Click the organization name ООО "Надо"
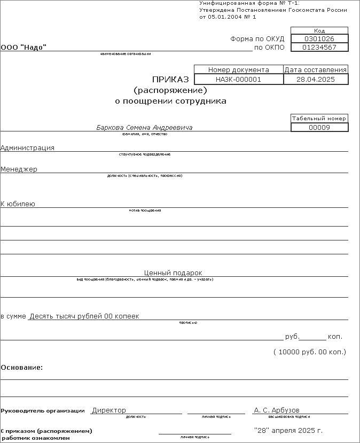pyautogui.click(x=24, y=48)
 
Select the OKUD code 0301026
pyautogui.click(x=319, y=39)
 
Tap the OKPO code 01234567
pyautogui.click(x=319, y=48)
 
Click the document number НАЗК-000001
pyautogui.click(x=238, y=79)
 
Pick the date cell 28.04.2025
pyautogui.click(x=316, y=79)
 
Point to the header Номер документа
pyautogui.click(x=238, y=70)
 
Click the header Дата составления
pyautogui.click(x=316, y=70)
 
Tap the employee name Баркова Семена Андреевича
pyautogui.click(x=144, y=128)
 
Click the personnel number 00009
pyautogui.click(x=319, y=128)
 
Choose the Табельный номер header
pyautogui.click(x=319, y=119)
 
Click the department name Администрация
pyautogui.click(x=27, y=148)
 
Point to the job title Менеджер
pyautogui.click(x=19, y=169)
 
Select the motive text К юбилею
pyautogui.click(x=18, y=204)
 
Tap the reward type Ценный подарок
pyautogui.click(x=173, y=273)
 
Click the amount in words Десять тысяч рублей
pyautogui.click(x=84, y=316)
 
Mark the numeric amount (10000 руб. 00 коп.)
pyautogui.click(x=310, y=352)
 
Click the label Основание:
pyautogui.click(x=22, y=368)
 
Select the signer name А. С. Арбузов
pyautogui.click(x=277, y=410)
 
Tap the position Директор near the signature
pyautogui.click(x=109, y=410)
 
